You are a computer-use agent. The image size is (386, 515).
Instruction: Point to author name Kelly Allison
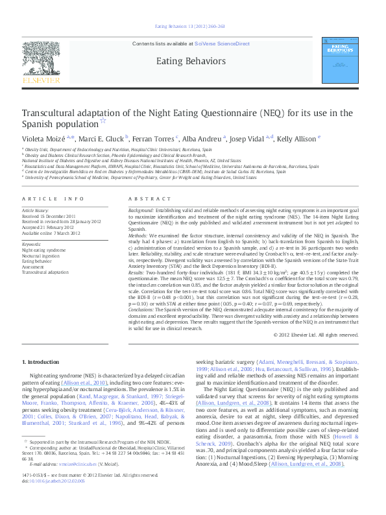click(296, 138)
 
